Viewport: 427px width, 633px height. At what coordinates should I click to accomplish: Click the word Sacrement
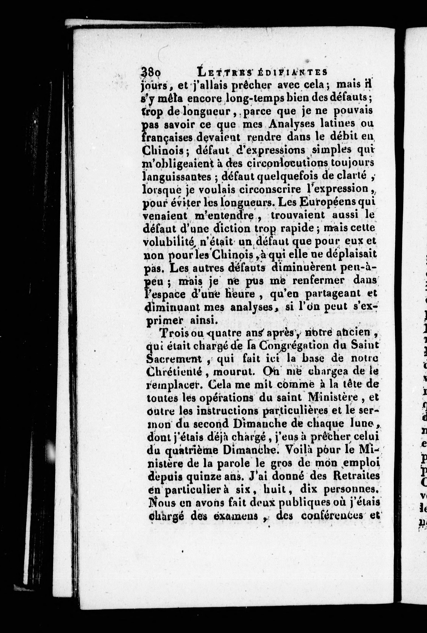click(x=174, y=359)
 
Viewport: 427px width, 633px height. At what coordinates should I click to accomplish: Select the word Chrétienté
click(x=174, y=372)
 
